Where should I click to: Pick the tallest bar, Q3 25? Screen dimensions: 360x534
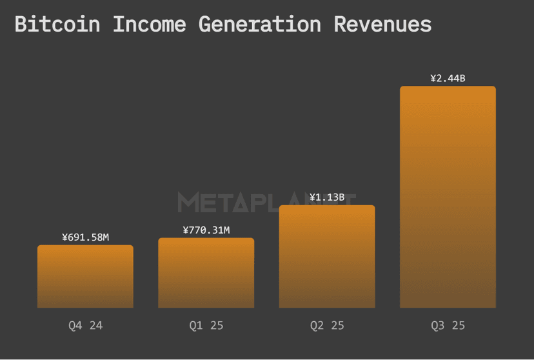click(x=448, y=197)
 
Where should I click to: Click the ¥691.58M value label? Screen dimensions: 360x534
click(x=85, y=237)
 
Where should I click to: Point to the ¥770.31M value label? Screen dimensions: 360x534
click(x=206, y=230)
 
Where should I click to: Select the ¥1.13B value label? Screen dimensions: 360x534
click(x=327, y=197)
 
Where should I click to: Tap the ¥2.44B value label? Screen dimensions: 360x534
click(x=448, y=79)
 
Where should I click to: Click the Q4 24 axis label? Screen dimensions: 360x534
click(x=85, y=326)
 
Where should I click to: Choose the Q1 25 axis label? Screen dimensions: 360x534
click(x=206, y=326)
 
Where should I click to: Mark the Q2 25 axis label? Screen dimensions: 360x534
click(x=327, y=326)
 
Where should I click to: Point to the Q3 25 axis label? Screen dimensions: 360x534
click(x=448, y=326)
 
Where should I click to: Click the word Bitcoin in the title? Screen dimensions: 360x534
click(x=57, y=25)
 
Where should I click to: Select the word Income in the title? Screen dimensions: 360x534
click(x=150, y=25)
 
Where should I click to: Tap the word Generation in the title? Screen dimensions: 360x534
click(x=260, y=25)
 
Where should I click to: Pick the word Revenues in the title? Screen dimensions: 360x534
click(x=382, y=25)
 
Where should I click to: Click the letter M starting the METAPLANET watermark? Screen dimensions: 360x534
click(x=187, y=203)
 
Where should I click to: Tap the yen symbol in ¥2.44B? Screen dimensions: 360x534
click(x=434, y=79)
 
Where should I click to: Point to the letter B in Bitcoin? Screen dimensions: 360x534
click(x=21, y=25)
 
